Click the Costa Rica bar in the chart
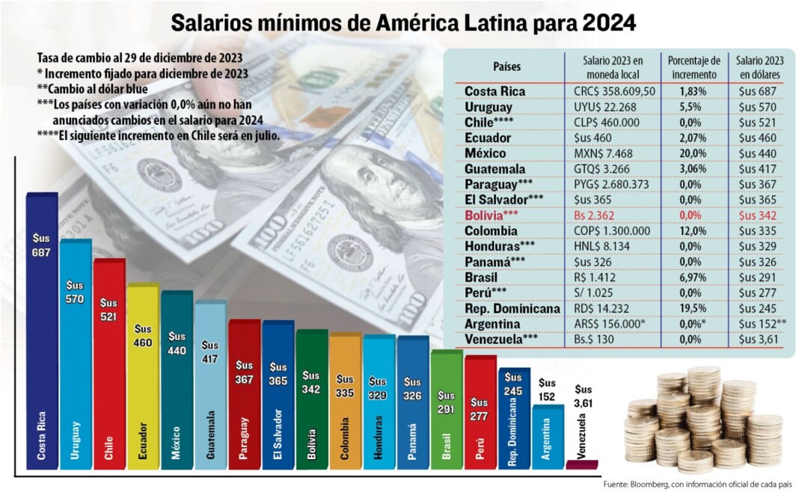click(42, 336)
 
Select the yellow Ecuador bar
click(143, 381)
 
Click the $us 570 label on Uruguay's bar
click(76, 291)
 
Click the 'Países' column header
click(506, 67)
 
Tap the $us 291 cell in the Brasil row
click(758, 278)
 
